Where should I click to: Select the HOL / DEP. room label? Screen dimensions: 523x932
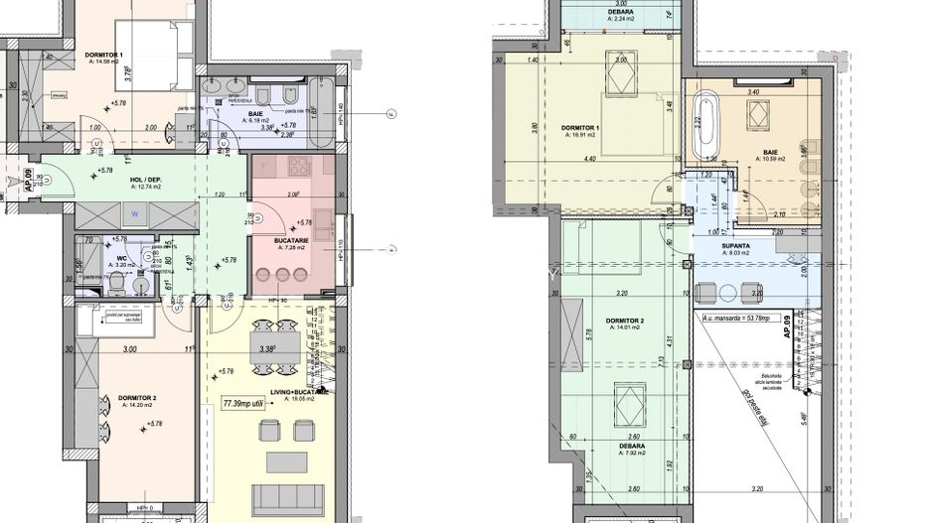(x=145, y=179)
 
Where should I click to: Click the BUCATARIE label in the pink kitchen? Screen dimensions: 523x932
(x=294, y=241)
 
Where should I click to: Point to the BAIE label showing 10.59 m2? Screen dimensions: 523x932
(x=770, y=154)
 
